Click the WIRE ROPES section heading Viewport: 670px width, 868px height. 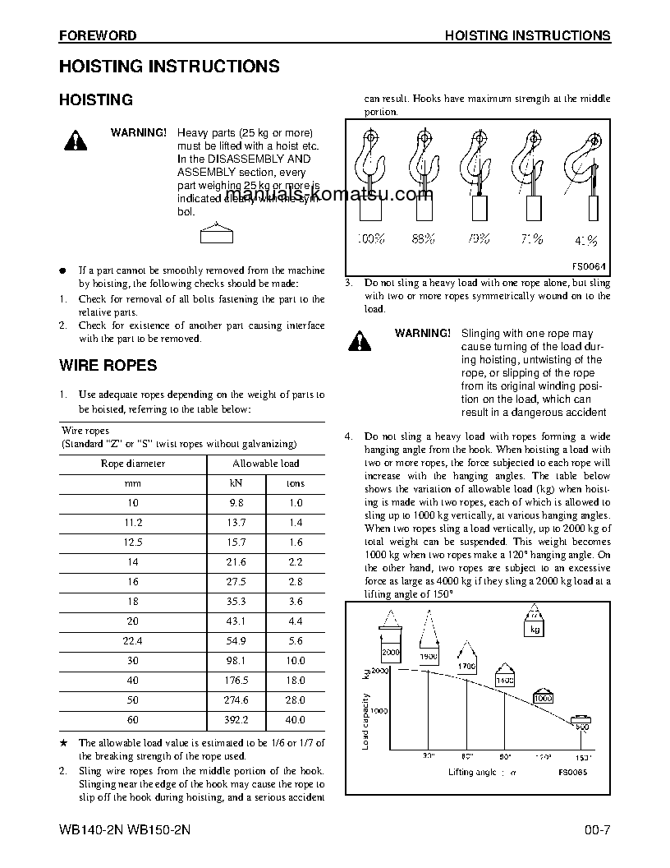click(x=108, y=365)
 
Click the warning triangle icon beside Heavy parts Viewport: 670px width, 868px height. click(x=75, y=141)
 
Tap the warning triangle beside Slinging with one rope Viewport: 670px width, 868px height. click(x=358, y=341)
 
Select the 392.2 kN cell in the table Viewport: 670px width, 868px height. click(x=236, y=719)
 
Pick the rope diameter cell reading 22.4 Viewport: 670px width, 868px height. click(x=132, y=640)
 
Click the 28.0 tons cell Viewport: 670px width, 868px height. click(x=295, y=699)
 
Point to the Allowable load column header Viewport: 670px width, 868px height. click(x=265, y=464)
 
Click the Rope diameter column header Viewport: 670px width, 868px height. click(x=132, y=464)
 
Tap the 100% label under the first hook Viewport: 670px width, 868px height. click(x=370, y=239)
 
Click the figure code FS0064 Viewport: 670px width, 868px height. click(x=589, y=266)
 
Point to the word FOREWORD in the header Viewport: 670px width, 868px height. click(x=97, y=36)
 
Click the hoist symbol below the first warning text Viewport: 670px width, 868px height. click(x=217, y=235)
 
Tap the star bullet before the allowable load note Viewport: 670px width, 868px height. click(x=63, y=743)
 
